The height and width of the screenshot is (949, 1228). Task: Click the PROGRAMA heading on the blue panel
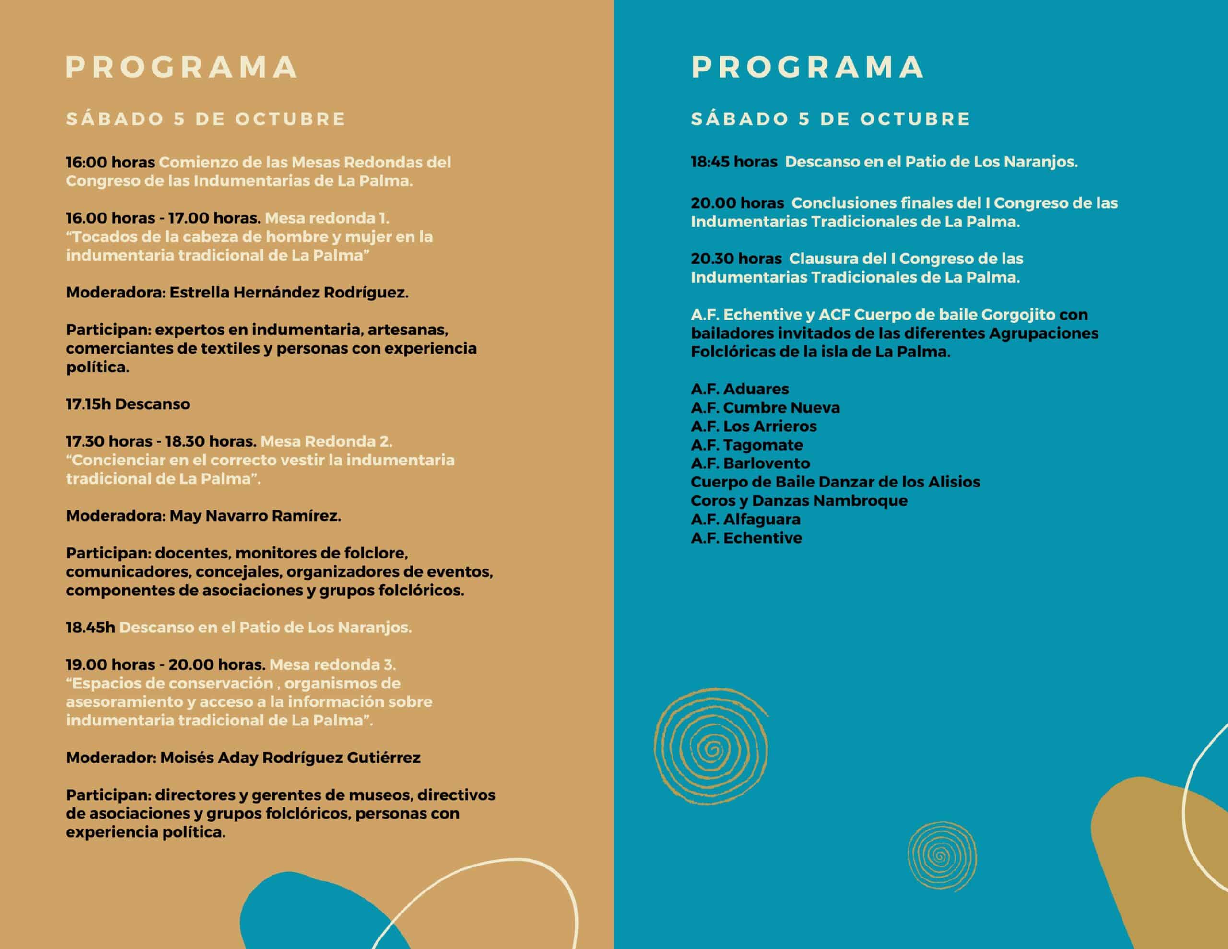pyautogui.click(x=807, y=68)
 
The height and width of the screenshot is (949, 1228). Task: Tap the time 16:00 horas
pyautogui.click(x=110, y=163)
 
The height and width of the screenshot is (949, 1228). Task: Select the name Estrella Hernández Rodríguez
pyautogui.click(x=288, y=293)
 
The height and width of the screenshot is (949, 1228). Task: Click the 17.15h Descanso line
pyautogui.click(x=128, y=404)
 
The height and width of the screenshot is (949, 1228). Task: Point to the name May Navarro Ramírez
pyautogui.click(x=255, y=516)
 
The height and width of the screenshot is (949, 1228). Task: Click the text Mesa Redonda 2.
pyautogui.click(x=326, y=441)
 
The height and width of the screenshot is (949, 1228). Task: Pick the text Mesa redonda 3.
pyautogui.click(x=332, y=664)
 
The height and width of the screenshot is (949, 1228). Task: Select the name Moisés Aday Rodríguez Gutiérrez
pyautogui.click(x=290, y=758)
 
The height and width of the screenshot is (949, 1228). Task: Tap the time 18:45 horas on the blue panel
pyautogui.click(x=734, y=162)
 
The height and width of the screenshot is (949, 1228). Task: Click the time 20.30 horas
pyautogui.click(x=736, y=259)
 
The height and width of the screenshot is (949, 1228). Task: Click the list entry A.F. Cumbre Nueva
pyautogui.click(x=765, y=407)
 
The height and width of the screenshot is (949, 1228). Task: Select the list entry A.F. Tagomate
pyautogui.click(x=747, y=444)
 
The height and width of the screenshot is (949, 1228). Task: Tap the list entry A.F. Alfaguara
pyautogui.click(x=745, y=519)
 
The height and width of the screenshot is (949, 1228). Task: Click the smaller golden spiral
pyautogui.click(x=941, y=856)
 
